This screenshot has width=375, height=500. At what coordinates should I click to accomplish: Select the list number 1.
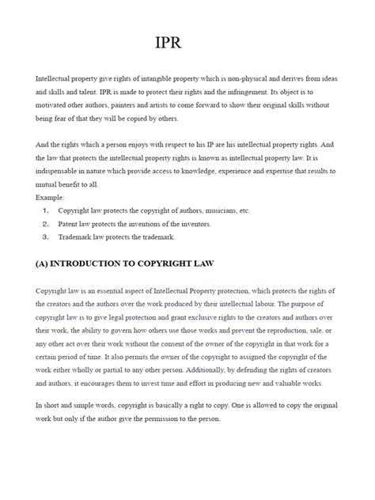[46, 211]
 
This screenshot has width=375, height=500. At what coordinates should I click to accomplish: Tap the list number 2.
[46, 224]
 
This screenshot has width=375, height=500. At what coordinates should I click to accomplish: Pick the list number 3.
[46, 237]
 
